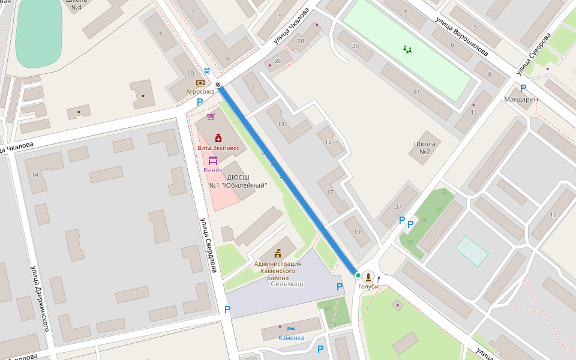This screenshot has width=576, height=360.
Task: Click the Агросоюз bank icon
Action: click(x=200, y=83)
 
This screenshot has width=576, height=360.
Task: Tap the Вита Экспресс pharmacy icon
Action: click(x=218, y=138)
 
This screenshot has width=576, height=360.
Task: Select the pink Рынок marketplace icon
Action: click(x=212, y=161)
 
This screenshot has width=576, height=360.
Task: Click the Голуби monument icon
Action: click(x=368, y=277)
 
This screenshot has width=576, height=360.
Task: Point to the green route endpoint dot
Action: click(x=358, y=275)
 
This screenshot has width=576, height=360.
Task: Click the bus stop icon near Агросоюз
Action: click(x=206, y=70)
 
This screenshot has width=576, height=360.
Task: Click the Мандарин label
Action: click(x=520, y=99)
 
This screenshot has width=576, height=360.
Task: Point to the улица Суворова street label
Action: click(x=534, y=53)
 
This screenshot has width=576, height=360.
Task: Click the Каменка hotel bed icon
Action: click(x=291, y=329)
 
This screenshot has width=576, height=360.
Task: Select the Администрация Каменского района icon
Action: click(x=278, y=253)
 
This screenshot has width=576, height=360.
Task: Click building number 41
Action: click(x=416, y=92)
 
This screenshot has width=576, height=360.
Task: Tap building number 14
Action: click(x=35, y=175)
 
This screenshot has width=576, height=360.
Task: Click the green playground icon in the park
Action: click(x=408, y=49)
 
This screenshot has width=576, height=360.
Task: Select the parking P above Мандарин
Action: click(x=523, y=88)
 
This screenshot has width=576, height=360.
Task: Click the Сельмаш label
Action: click(x=287, y=283)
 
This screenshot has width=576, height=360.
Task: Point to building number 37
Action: click(x=398, y=207)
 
